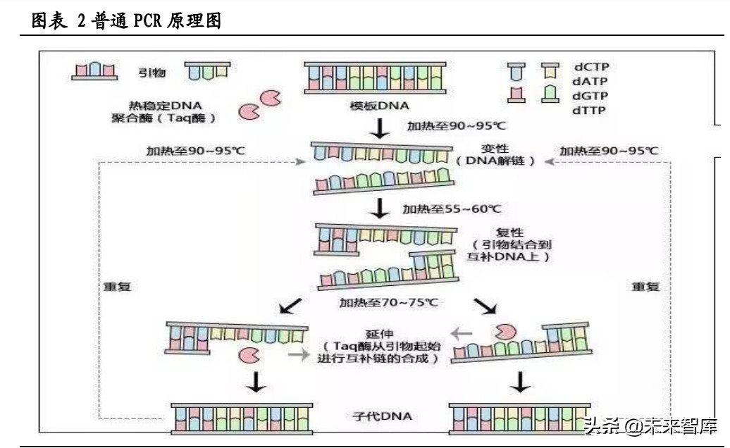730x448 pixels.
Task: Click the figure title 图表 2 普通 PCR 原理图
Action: tap(127, 21)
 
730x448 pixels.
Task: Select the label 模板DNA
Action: tap(374, 106)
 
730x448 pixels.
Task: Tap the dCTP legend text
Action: tap(590, 68)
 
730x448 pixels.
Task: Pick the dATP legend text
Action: tap(590, 82)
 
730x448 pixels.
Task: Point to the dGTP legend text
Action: tap(590, 96)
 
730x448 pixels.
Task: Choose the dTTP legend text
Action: tap(590, 110)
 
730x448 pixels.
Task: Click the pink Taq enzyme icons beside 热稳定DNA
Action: tap(258, 104)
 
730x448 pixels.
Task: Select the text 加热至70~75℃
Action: tap(388, 303)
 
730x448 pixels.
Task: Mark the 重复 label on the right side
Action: tap(645, 287)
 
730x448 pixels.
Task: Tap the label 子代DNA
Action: tap(381, 416)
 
